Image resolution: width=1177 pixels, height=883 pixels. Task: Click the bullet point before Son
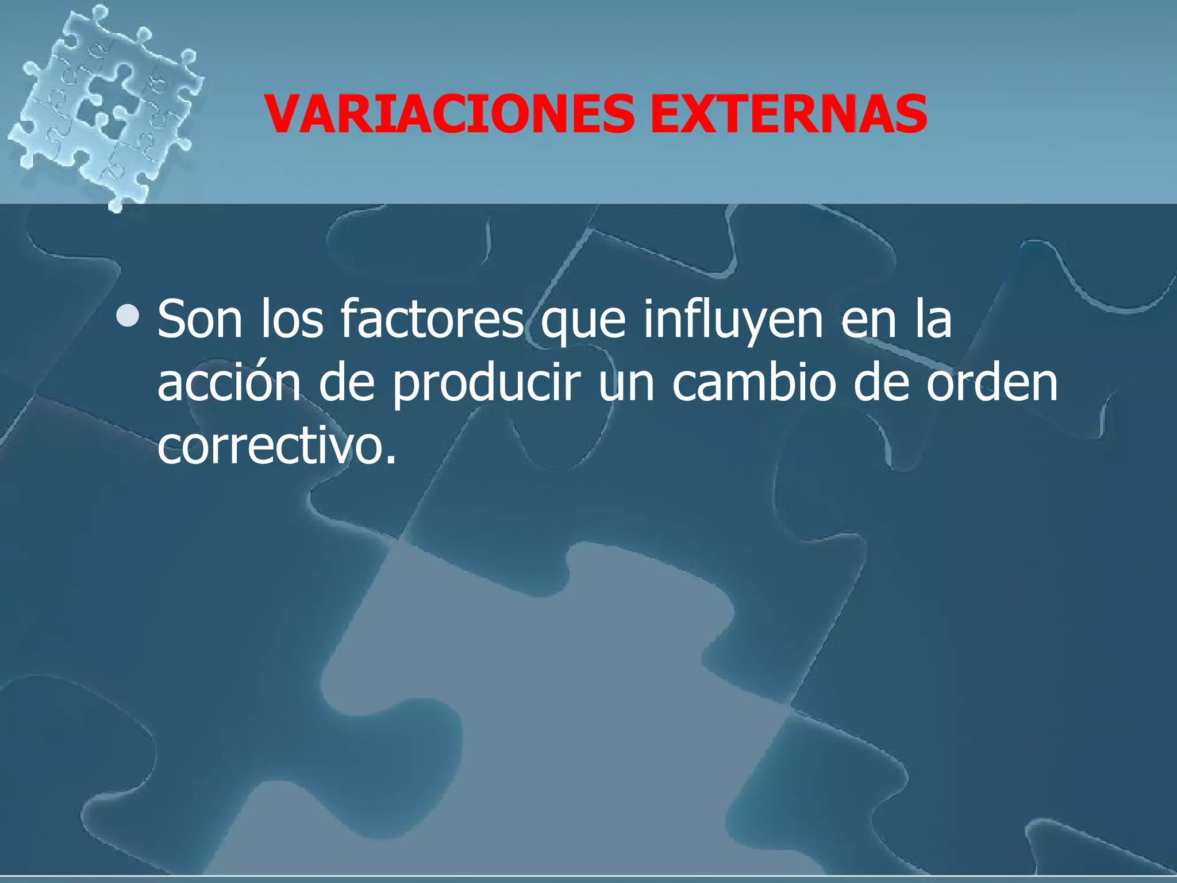pyautogui.click(x=127, y=316)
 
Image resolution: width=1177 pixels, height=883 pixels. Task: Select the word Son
pyautogui.click(x=199, y=320)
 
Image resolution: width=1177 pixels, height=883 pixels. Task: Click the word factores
pyautogui.click(x=432, y=320)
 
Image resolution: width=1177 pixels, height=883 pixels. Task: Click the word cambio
pyautogui.click(x=753, y=383)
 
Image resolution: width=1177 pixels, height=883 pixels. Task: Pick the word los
pyautogui.click(x=292, y=320)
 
